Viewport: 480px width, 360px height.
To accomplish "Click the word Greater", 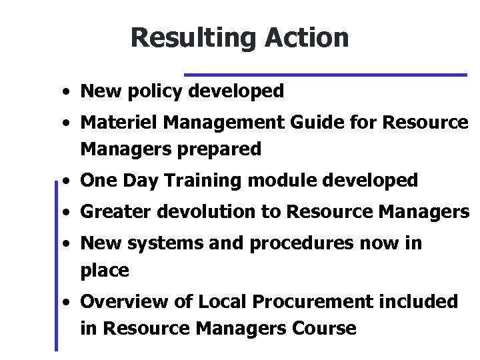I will tap(115, 212).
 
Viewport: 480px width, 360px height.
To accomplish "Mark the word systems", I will tap(159, 243).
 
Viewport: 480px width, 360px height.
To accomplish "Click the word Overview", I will tap(118, 302).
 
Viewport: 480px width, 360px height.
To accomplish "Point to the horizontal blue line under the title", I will tap(325, 74).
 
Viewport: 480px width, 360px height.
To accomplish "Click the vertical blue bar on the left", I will tap(56, 267).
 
